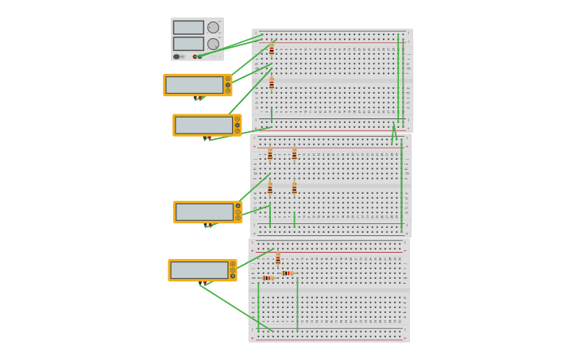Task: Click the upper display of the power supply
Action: click(x=188, y=27)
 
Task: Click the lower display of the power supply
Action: click(x=188, y=43)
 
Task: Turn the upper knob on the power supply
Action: click(x=213, y=27)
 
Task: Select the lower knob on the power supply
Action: click(x=213, y=44)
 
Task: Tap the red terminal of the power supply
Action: click(x=195, y=56)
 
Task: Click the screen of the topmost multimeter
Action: click(x=194, y=85)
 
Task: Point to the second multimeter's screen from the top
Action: click(x=203, y=125)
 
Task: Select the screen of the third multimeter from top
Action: click(x=204, y=211)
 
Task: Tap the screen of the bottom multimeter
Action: click(x=199, y=270)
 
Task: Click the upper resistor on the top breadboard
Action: click(x=272, y=49)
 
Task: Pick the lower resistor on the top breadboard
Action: click(x=272, y=83)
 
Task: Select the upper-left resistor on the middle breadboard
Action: click(x=270, y=154)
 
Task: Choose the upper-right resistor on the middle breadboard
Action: click(x=294, y=154)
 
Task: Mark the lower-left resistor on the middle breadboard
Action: click(x=270, y=188)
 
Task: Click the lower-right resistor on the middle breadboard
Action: click(x=294, y=188)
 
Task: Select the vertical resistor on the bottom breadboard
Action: click(x=278, y=259)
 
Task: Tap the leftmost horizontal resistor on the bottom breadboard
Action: click(x=268, y=278)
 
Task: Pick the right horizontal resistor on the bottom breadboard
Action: click(x=288, y=273)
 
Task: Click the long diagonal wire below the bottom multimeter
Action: click(x=236, y=308)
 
